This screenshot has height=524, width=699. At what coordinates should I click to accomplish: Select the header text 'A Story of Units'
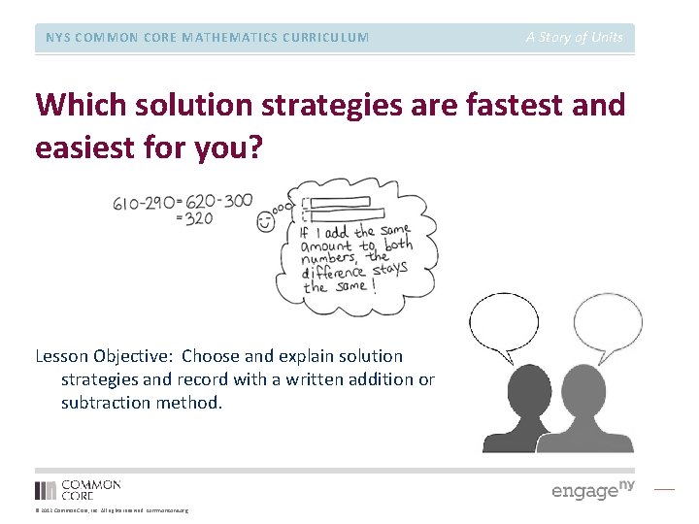pos(575,37)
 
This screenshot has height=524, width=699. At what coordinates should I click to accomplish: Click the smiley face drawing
pos(266,222)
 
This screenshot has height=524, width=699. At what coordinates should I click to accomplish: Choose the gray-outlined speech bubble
pos(608,322)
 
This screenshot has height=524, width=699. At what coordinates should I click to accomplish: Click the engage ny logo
pos(592,489)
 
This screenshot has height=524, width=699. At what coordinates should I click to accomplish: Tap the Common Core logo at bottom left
pos(78,489)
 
